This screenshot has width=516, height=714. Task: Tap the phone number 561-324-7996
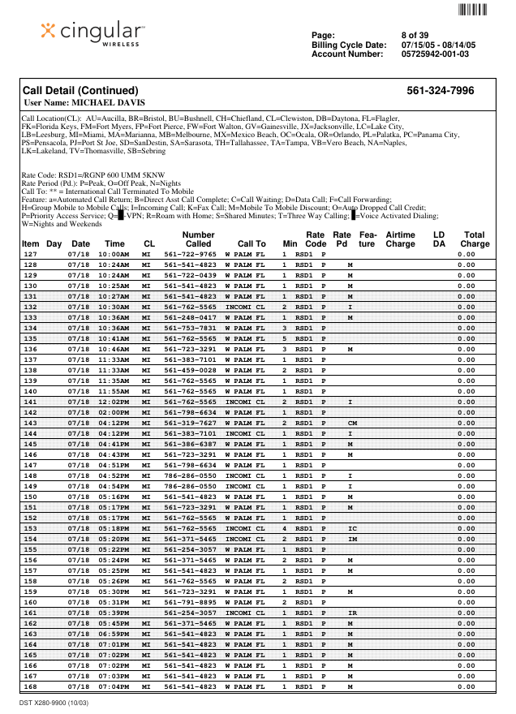coord(441,91)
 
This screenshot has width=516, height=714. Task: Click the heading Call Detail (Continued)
coord(80,91)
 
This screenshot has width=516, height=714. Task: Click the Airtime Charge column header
coord(400,239)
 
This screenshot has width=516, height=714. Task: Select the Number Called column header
coord(198,239)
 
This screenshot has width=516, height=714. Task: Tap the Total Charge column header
coord(475,239)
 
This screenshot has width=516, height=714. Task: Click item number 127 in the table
coord(30,254)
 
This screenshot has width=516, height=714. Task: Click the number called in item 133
coord(190,318)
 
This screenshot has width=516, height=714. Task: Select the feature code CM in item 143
coord(352,424)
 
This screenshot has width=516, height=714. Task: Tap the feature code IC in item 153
coord(352,529)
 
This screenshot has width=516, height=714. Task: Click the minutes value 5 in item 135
coord(285,339)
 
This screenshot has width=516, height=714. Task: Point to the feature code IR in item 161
coord(352,613)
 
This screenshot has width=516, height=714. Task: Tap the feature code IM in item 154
coord(352,540)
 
